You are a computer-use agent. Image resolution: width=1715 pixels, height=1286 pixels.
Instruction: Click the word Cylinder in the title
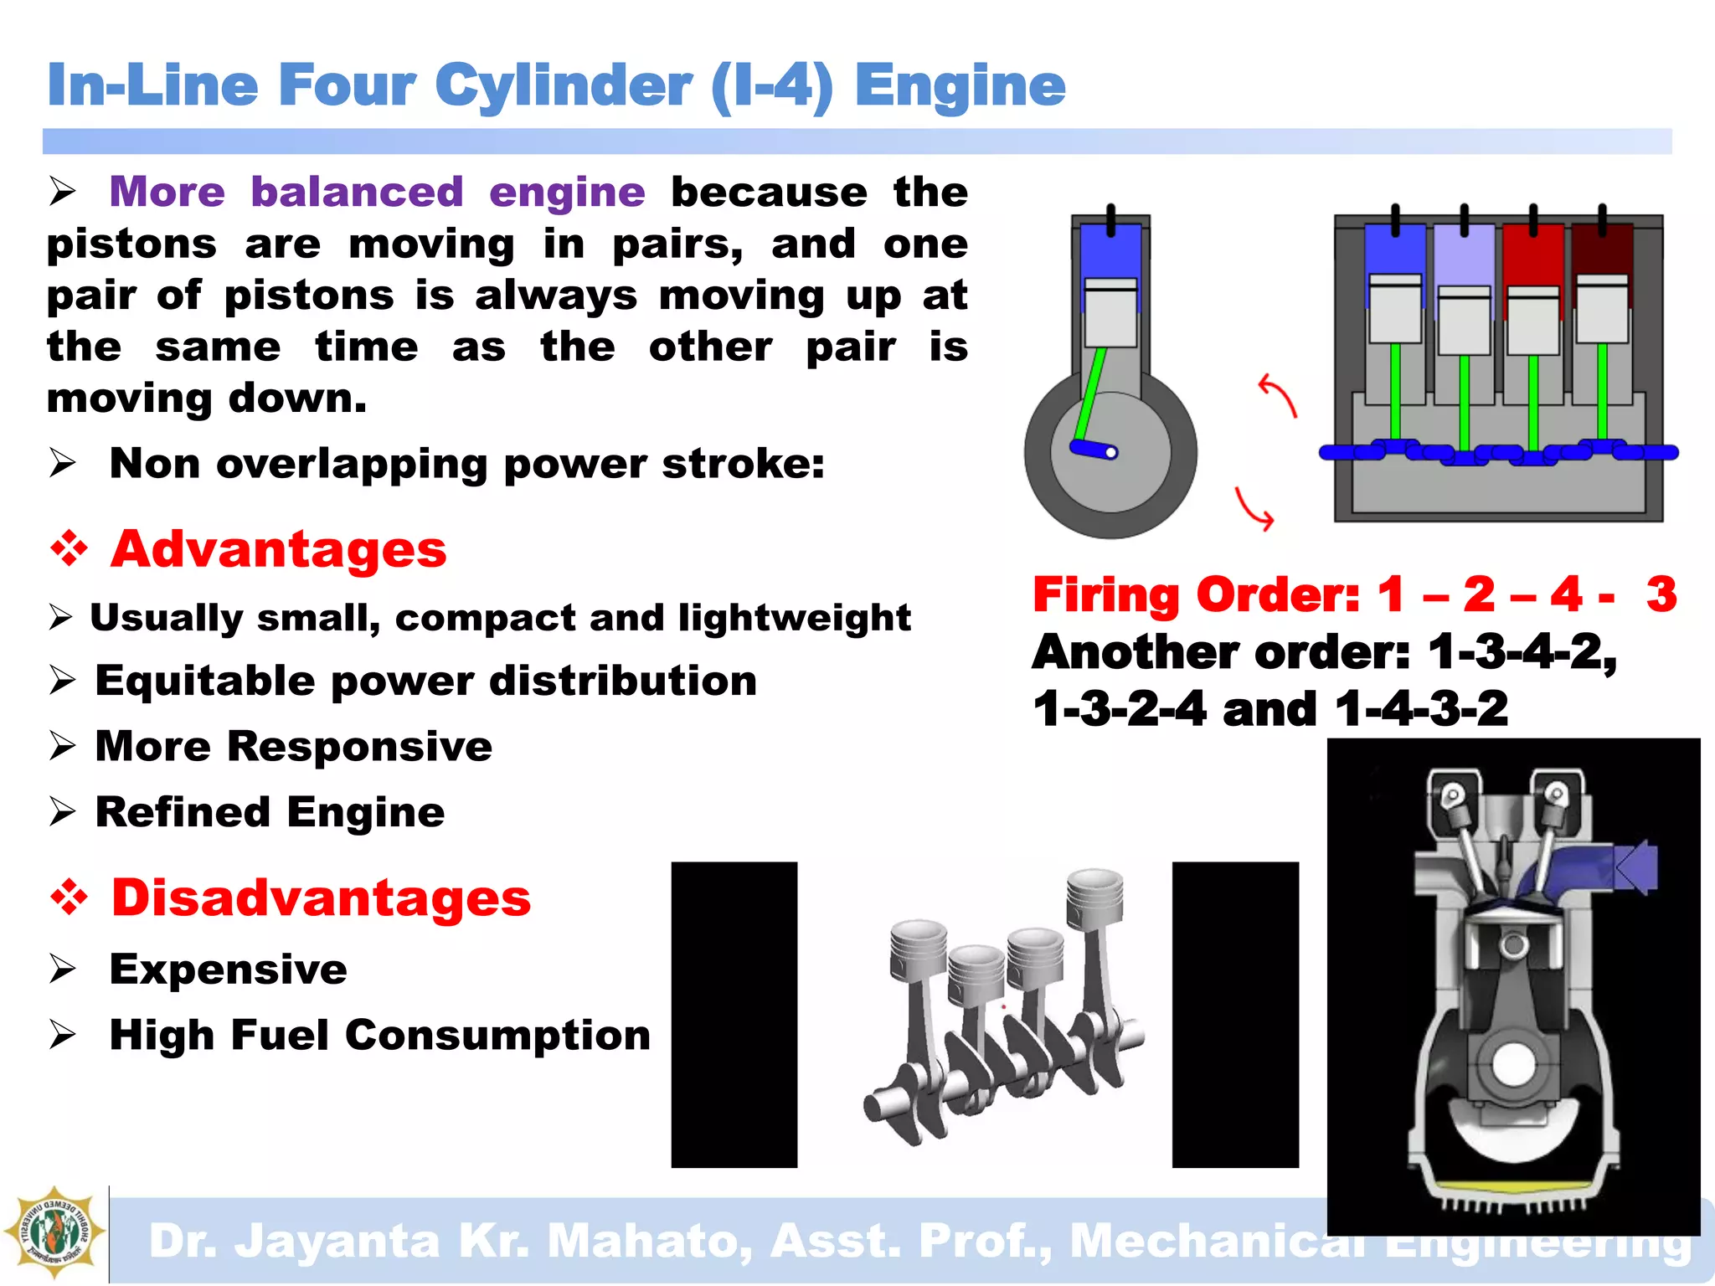tap(563, 85)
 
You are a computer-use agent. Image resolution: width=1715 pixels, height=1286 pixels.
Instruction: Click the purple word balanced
tap(357, 192)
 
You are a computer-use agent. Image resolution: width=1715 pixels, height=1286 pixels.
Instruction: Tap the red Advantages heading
tap(279, 550)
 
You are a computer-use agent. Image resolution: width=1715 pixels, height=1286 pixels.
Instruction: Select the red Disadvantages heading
tap(322, 898)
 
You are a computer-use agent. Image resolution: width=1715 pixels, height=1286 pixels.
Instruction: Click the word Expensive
tap(228, 970)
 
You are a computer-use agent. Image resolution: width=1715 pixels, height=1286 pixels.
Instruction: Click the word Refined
tap(183, 812)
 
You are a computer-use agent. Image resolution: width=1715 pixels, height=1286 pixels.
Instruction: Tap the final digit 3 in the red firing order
tap(1661, 594)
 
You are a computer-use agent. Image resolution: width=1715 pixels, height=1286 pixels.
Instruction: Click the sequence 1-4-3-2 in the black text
tap(1421, 709)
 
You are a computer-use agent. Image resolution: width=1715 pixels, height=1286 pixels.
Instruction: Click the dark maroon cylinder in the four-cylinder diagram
tap(1601, 252)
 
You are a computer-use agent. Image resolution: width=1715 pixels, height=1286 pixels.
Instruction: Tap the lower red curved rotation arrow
tap(1254, 509)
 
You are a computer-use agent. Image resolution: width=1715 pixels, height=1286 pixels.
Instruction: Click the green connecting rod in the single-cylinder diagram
tap(1091, 394)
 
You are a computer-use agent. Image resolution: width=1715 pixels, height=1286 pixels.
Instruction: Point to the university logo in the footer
tap(54, 1232)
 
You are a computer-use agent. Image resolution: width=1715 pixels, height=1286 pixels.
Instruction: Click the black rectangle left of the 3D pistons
tap(734, 1014)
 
